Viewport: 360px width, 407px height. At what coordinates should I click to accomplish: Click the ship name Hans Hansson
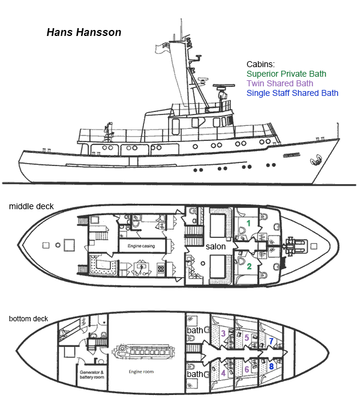pyautogui.click(x=84, y=32)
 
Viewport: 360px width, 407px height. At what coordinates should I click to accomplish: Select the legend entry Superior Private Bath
pyautogui.click(x=286, y=74)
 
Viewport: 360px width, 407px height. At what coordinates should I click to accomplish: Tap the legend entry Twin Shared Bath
pyautogui.click(x=280, y=83)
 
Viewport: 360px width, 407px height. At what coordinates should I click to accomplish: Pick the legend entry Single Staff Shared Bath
pyautogui.click(x=292, y=93)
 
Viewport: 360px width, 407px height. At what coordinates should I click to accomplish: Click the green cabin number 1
pyautogui.click(x=248, y=223)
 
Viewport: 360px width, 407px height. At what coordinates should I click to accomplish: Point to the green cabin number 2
pyautogui.click(x=250, y=266)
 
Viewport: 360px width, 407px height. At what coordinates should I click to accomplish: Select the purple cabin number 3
pyautogui.click(x=223, y=333)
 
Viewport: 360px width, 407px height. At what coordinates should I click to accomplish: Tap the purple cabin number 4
pyautogui.click(x=223, y=373)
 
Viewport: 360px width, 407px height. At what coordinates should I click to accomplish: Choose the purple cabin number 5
pyautogui.click(x=247, y=337)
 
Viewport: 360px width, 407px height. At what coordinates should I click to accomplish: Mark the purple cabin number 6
pyautogui.click(x=247, y=369)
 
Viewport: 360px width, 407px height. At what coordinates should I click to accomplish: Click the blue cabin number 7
pyautogui.click(x=271, y=341)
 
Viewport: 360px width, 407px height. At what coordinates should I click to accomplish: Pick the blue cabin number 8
pyautogui.click(x=271, y=366)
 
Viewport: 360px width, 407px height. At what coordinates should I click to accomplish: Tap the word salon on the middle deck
pyautogui.click(x=215, y=246)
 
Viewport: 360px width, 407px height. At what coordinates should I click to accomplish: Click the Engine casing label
pyautogui.click(x=141, y=246)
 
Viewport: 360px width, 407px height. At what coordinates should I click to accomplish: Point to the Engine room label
pyautogui.click(x=141, y=372)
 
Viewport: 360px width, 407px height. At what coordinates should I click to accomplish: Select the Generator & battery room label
pyautogui.click(x=92, y=375)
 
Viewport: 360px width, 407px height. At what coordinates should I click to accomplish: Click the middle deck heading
pyautogui.click(x=31, y=206)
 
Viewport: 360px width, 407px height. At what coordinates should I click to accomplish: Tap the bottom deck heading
pyautogui.click(x=28, y=319)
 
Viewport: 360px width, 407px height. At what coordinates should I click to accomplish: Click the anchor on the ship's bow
pyautogui.click(x=316, y=159)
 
